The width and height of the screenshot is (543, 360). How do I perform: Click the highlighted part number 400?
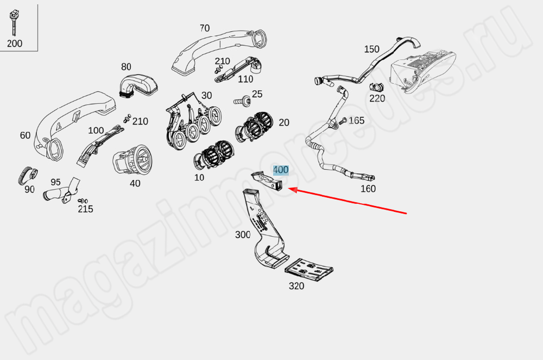[281, 170]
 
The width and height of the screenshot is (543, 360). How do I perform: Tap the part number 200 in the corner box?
[15, 43]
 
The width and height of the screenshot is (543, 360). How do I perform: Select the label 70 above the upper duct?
[204, 28]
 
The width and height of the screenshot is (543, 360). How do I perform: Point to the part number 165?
[356, 121]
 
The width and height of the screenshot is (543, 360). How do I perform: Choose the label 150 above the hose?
[371, 49]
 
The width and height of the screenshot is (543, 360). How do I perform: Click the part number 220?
[377, 98]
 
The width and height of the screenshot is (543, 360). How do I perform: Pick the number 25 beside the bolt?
[257, 94]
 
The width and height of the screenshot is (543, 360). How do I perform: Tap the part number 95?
[55, 182]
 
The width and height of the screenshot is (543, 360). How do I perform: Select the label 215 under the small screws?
[85, 209]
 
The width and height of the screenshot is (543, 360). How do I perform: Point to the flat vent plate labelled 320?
[309, 268]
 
